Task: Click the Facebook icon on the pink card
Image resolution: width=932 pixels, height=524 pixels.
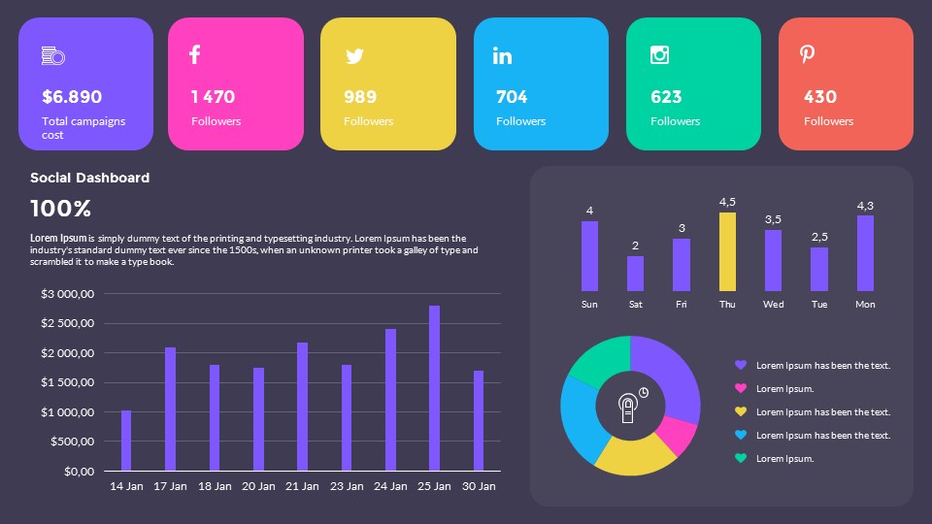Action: tap(194, 54)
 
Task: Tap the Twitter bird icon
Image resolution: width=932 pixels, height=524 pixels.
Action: tap(354, 56)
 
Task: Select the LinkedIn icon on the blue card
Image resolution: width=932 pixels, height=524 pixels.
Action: tap(502, 55)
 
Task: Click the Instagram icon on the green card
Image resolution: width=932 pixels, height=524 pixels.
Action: tap(659, 54)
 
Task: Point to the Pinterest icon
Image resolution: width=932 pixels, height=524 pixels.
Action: tap(807, 54)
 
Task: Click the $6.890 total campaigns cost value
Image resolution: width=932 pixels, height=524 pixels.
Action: tap(72, 97)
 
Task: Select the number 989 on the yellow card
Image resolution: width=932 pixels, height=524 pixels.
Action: tap(360, 97)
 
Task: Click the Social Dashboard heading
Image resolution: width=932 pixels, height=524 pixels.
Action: tap(89, 178)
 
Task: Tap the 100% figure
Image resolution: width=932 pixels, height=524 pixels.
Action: tap(60, 209)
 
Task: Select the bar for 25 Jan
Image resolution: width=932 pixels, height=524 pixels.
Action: tap(434, 388)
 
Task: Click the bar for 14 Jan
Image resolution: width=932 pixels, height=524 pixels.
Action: tap(126, 441)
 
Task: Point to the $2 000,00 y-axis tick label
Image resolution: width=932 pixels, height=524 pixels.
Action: tap(67, 353)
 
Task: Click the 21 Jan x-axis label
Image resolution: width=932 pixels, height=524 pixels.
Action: tap(302, 486)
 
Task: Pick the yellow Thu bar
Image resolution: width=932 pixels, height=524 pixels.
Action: tap(727, 252)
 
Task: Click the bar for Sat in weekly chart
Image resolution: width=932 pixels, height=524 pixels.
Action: tap(635, 274)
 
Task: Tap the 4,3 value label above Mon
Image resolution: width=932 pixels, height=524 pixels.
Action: tap(865, 206)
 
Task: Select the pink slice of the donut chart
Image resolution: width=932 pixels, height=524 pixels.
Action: tap(679, 435)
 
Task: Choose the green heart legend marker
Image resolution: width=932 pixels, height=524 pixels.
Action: tap(741, 458)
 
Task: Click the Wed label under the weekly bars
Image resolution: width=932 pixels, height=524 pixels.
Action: tap(773, 305)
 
